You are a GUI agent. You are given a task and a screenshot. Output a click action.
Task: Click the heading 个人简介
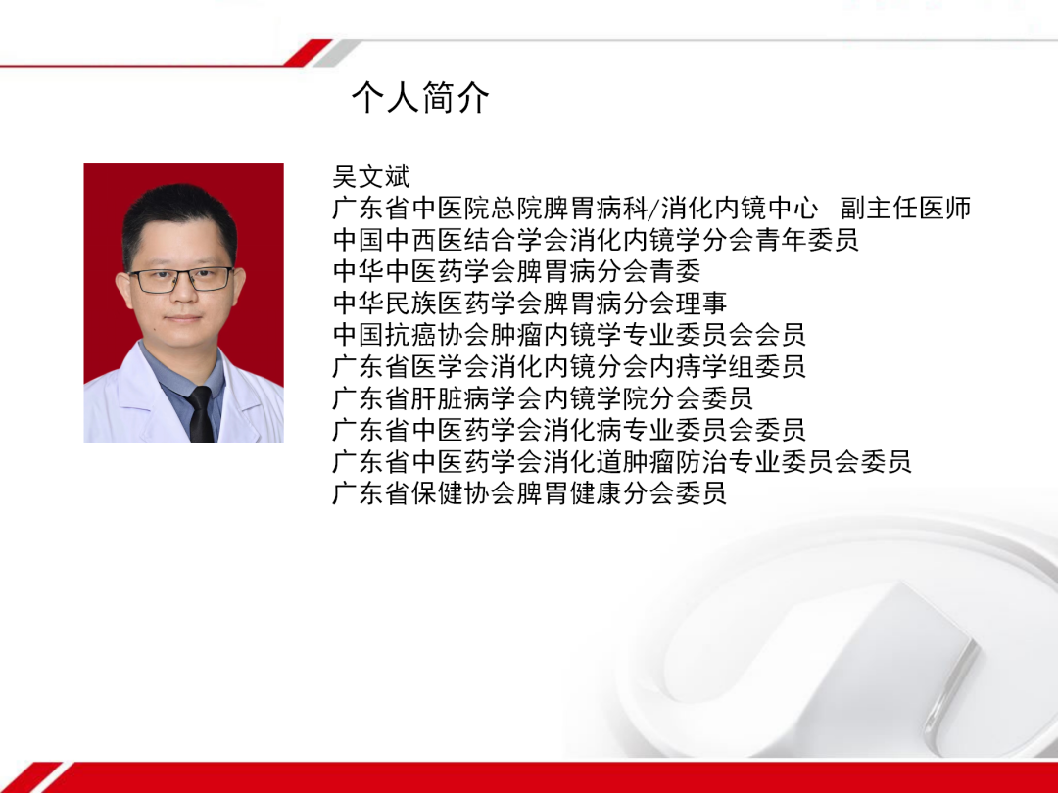click(x=420, y=98)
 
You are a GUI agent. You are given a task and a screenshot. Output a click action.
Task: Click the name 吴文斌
click(x=371, y=177)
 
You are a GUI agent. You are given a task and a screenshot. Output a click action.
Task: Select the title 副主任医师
click(x=906, y=209)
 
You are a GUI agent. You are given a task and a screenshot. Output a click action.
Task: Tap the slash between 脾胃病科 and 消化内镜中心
click(x=654, y=210)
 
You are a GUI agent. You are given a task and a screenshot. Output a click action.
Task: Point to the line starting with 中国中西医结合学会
click(x=595, y=240)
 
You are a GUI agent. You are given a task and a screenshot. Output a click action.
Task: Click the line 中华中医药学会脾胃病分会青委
click(x=516, y=271)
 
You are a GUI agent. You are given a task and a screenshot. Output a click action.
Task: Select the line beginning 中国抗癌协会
click(x=569, y=334)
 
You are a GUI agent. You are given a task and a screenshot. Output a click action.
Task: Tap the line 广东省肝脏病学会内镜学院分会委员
click(x=543, y=397)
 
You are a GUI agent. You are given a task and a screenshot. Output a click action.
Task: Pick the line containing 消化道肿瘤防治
click(x=622, y=461)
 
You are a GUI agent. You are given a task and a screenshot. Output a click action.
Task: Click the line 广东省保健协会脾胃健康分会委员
click(x=529, y=492)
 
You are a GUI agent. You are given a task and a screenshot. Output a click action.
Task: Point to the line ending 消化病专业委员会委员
click(x=569, y=429)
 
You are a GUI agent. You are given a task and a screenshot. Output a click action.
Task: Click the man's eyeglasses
click(x=181, y=279)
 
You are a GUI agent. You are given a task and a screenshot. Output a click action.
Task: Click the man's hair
click(x=178, y=215)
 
